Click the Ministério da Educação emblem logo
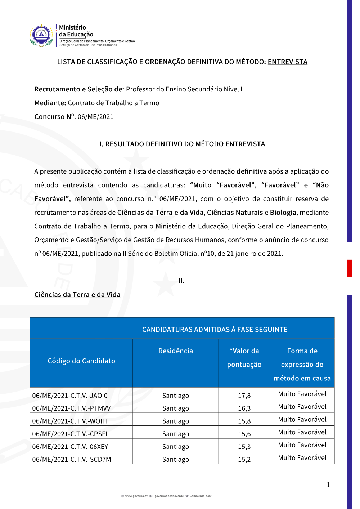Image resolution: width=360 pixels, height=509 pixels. point(41,35)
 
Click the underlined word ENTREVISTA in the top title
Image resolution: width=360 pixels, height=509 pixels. point(287,62)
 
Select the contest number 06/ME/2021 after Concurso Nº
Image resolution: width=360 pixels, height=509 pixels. point(95,117)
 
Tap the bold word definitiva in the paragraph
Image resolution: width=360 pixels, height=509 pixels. point(252,171)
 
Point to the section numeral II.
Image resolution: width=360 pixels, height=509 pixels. point(181,281)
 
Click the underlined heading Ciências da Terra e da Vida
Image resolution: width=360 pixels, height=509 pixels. point(77,295)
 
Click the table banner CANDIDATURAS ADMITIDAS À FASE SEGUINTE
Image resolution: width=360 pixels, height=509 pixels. point(215,330)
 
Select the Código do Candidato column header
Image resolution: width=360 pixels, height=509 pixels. point(81,361)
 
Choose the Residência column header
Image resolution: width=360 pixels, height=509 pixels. point(176,351)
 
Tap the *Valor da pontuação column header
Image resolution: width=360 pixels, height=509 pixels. point(244,358)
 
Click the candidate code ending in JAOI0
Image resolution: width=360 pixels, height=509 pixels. point(70,396)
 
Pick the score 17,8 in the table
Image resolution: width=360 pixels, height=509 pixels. point(244,396)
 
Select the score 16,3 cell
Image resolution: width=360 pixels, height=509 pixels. point(244,408)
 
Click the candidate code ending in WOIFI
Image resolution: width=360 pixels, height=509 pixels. point(70,421)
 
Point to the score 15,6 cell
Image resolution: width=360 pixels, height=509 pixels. point(244,434)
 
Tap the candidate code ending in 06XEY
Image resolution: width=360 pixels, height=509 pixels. point(70,447)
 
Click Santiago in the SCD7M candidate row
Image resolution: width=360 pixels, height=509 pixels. point(176,459)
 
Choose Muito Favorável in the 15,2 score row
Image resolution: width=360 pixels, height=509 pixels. point(302,458)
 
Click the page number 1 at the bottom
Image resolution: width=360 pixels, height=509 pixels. point(328,485)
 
